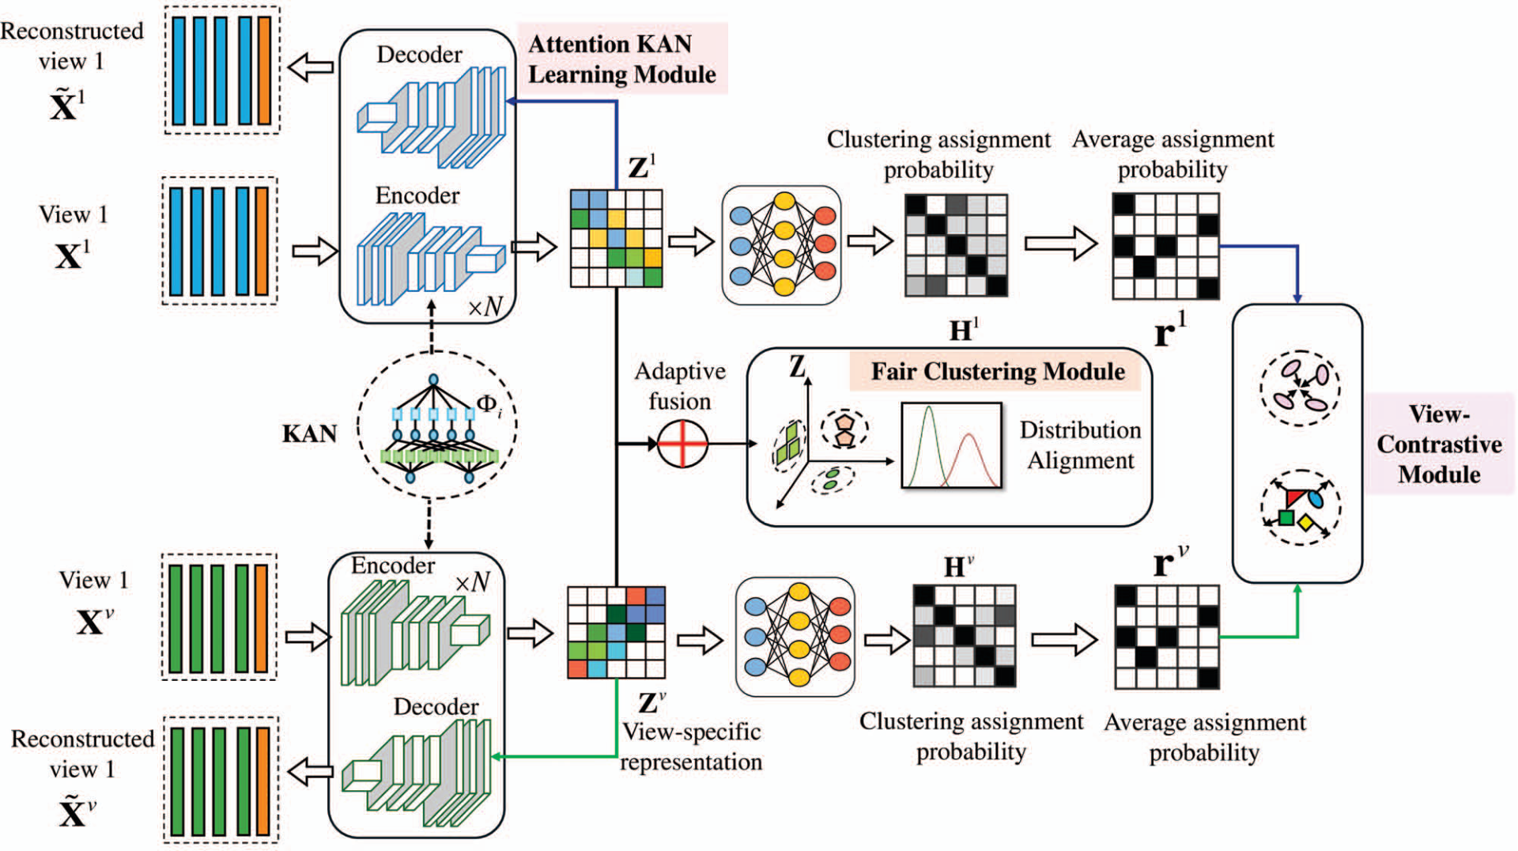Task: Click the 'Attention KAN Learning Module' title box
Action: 622,59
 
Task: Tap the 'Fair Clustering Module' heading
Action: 997,371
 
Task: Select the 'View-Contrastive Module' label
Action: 1439,444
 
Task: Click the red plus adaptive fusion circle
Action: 682,444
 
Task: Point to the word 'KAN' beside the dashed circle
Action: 309,433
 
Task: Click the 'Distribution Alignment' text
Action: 1080,445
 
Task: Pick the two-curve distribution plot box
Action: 951,445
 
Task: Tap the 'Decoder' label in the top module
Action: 419,55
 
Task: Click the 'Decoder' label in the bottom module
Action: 436,706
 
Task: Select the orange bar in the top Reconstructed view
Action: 265,70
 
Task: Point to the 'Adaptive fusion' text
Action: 680,386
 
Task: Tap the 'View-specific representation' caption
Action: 691,747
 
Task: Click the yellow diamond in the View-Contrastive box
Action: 1306,523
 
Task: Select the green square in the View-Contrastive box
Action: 1286,518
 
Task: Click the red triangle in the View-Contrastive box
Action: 1294,498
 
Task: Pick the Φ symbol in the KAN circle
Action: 487,403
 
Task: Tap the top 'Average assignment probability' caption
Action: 1172,154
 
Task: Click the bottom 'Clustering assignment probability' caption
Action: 971,736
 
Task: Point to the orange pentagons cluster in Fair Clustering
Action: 844,428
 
